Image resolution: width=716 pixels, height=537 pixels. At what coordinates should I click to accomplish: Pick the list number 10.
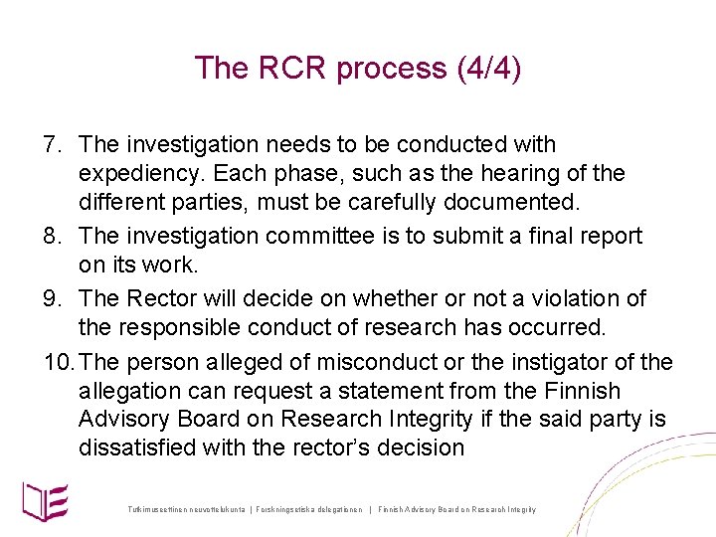[x=57, y=362]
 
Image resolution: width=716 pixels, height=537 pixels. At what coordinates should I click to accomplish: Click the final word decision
[x=418, y=447]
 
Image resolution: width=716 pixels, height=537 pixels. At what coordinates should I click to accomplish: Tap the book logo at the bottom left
[x=45, y=497]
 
